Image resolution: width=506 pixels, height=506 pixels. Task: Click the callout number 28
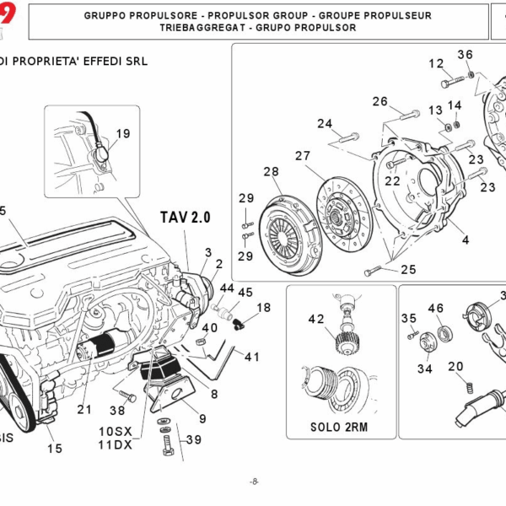pos(270,172)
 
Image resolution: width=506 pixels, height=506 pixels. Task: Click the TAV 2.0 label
pos(185,218)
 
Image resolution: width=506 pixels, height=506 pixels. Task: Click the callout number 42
pos(315,319)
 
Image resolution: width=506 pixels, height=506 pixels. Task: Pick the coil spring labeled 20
pos(462,389)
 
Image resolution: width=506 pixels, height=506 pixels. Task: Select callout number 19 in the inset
pos(123,133)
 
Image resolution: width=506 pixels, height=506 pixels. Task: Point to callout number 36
pos(465,55)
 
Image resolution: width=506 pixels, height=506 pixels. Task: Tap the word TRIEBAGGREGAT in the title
pos(199,27)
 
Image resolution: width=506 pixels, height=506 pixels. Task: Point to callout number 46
pos(435,309)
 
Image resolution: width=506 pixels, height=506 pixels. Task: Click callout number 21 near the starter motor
pos(83,410)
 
